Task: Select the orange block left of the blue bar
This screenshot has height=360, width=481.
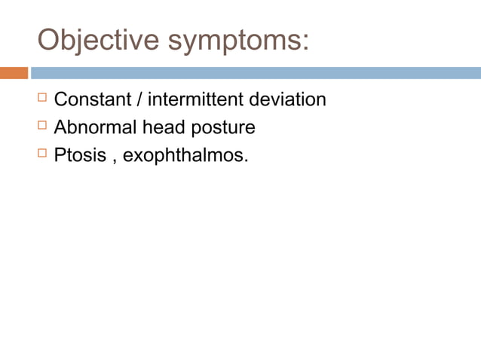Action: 14,73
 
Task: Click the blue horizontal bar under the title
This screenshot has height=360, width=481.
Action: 256,73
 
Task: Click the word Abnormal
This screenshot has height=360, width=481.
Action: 95,128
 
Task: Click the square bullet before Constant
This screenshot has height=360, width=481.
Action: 42,99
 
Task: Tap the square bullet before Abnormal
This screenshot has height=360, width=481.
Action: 42,127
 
